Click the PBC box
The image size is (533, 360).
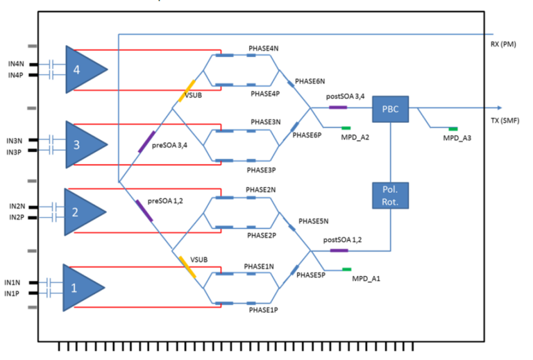pos(391,108)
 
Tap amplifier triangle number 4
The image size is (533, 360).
pos(82,69)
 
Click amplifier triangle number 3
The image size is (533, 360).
pos(82,144)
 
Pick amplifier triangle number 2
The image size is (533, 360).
pos(82,212)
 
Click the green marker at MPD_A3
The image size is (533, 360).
pos(452,129)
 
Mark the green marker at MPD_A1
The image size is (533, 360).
pos(346,269)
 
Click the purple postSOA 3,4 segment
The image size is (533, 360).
pos(337,108)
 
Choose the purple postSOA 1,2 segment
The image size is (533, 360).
pos(339,250)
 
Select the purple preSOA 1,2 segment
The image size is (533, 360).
pos(144,210)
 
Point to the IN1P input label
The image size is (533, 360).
pos(12,294)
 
